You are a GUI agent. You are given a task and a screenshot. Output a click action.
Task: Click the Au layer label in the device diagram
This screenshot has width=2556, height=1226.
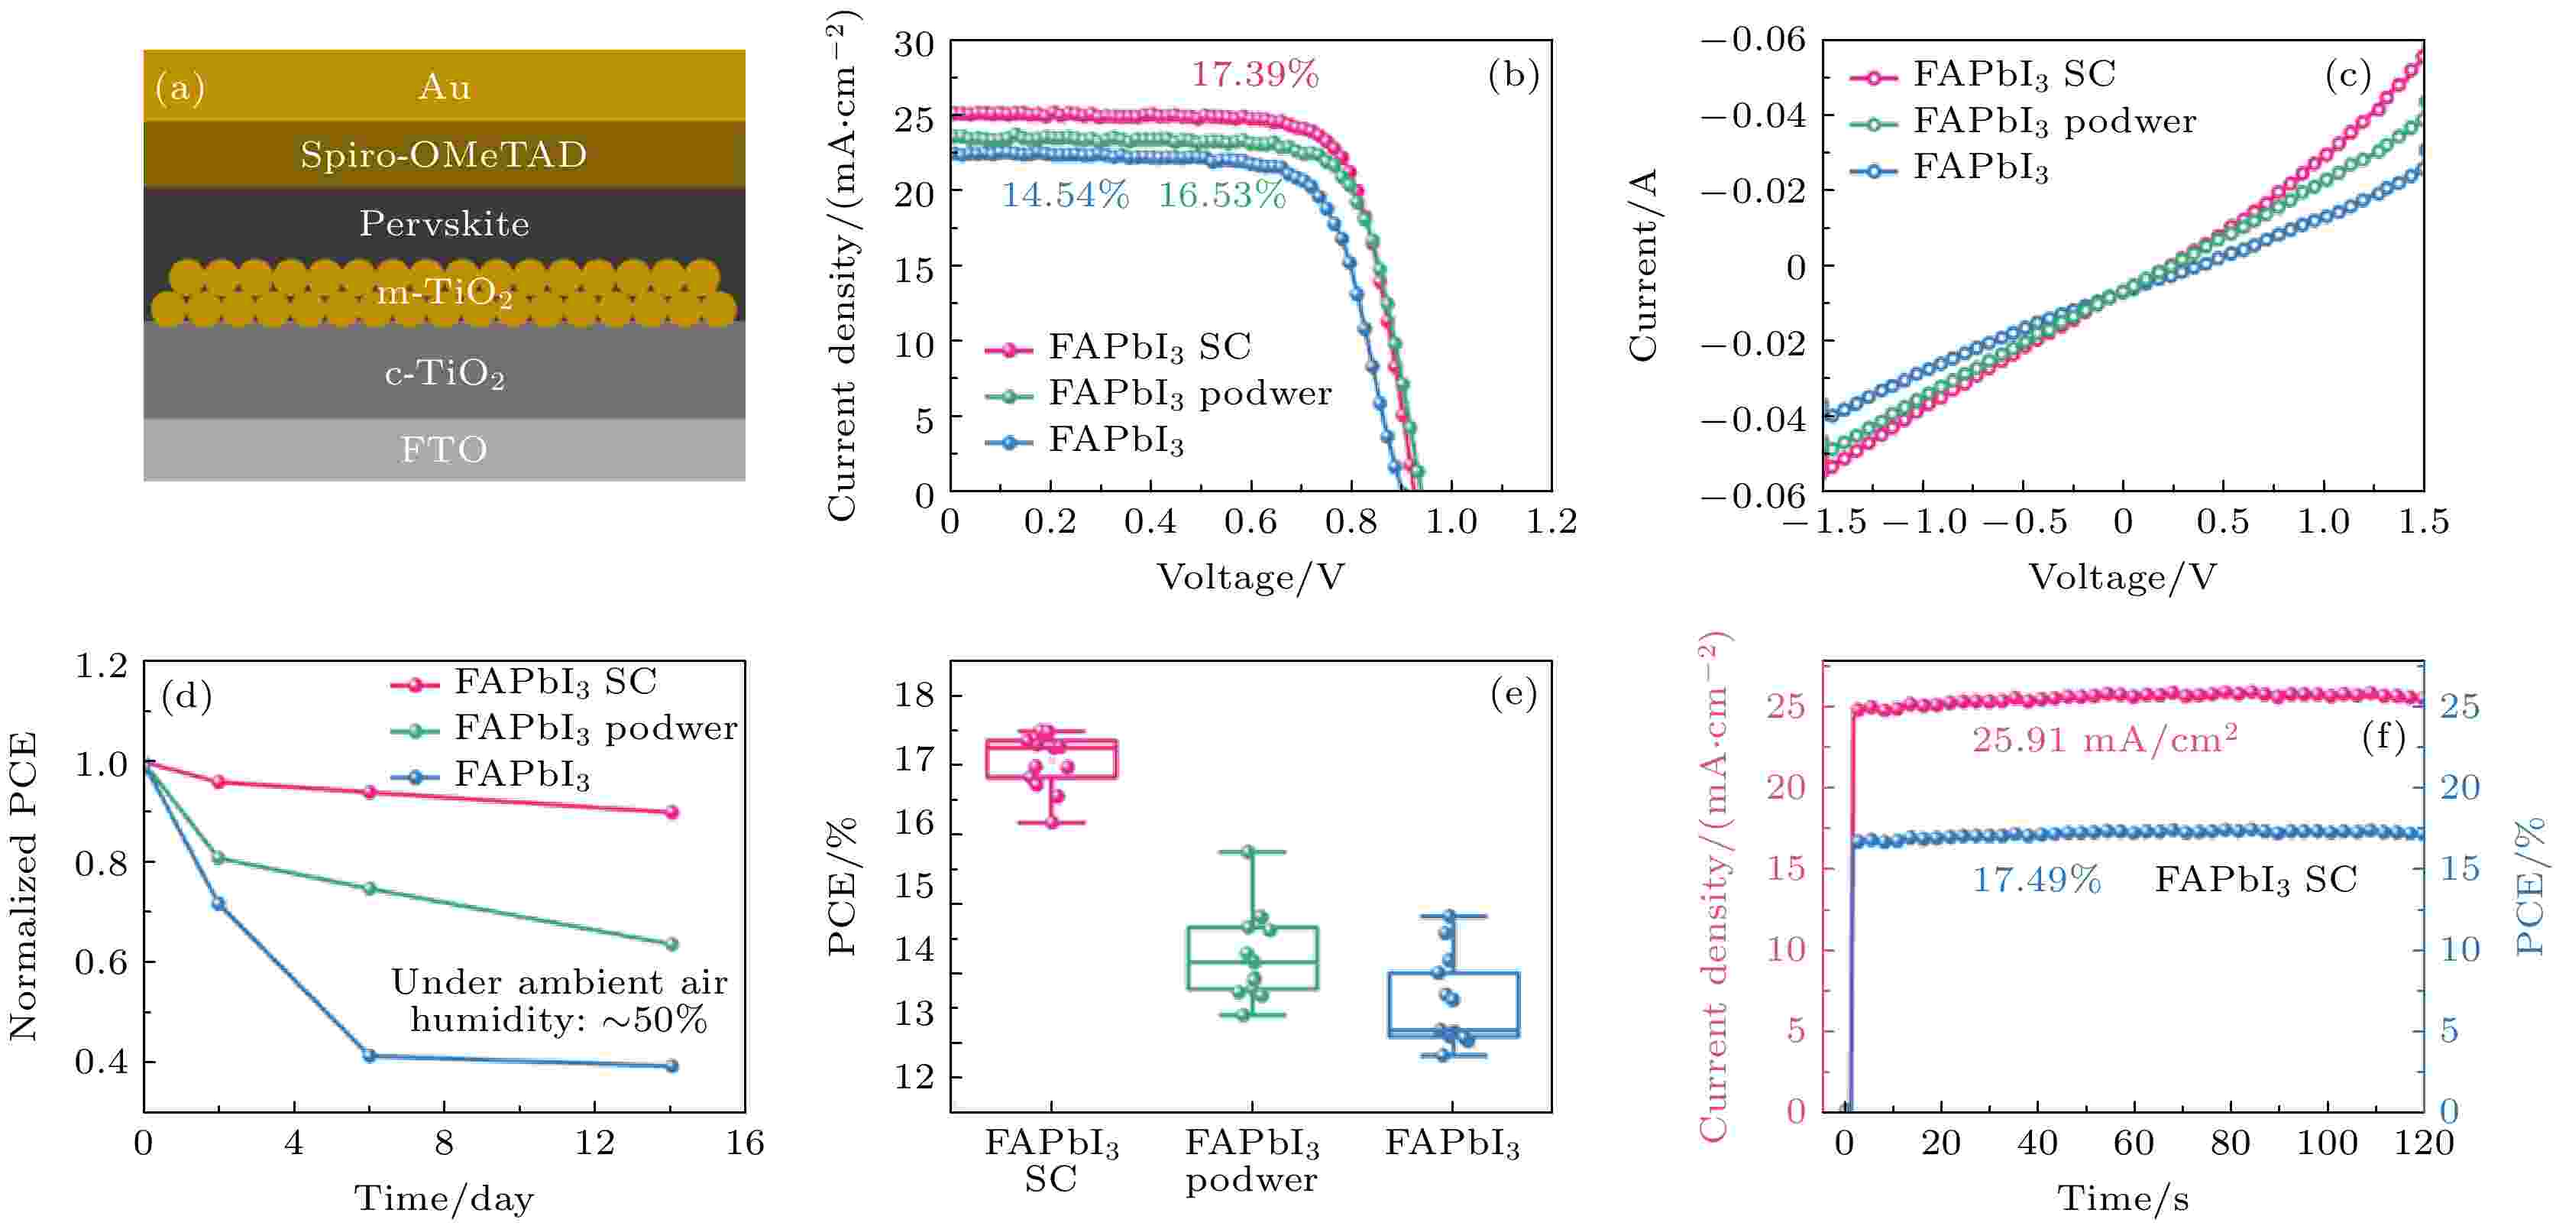[444, 87]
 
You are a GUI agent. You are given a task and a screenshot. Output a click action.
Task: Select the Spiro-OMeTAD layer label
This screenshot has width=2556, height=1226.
[444, 155]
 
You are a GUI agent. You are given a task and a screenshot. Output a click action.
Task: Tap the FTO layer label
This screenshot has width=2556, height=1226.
[444, 449]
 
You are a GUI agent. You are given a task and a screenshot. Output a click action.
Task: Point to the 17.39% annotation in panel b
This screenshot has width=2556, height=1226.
[1254, 74]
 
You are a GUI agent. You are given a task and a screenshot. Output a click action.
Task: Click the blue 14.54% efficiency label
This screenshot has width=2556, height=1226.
[1063, 196]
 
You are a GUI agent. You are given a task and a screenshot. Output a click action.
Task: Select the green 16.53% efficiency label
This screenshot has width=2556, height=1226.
[1221, 196]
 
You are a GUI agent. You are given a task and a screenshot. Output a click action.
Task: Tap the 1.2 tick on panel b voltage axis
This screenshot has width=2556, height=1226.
[1551, 522]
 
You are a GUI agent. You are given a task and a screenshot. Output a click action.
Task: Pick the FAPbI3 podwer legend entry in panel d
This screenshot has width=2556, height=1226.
[595, 728]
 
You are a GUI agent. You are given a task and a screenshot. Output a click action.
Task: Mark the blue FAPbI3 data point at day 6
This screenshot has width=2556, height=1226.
[369, 1056]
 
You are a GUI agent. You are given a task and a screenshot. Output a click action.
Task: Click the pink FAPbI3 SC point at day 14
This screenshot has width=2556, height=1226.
[671, 812]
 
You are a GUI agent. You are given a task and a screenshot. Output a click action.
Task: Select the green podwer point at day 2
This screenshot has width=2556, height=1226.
[218, 857]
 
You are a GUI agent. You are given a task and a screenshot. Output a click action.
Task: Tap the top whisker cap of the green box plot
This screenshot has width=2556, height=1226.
[1250, 851]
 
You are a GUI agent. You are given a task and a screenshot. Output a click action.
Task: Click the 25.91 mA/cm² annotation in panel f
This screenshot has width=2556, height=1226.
[2104, 741]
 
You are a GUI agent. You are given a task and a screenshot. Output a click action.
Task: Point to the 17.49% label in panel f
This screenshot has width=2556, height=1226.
[2035, 880]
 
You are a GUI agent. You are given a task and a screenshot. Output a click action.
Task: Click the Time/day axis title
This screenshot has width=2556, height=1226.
[444, 1198]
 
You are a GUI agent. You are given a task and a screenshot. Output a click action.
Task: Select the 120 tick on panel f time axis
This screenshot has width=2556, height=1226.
[2423, 1143]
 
